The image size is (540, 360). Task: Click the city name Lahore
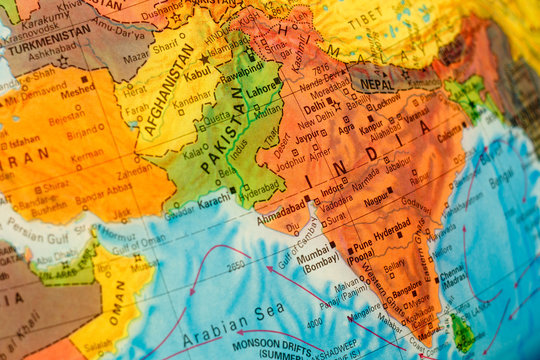263,89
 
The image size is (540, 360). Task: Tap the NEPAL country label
376,84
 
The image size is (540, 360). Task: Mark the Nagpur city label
376,199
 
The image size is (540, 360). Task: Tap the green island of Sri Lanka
462,333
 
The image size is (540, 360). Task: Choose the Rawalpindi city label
241,73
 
